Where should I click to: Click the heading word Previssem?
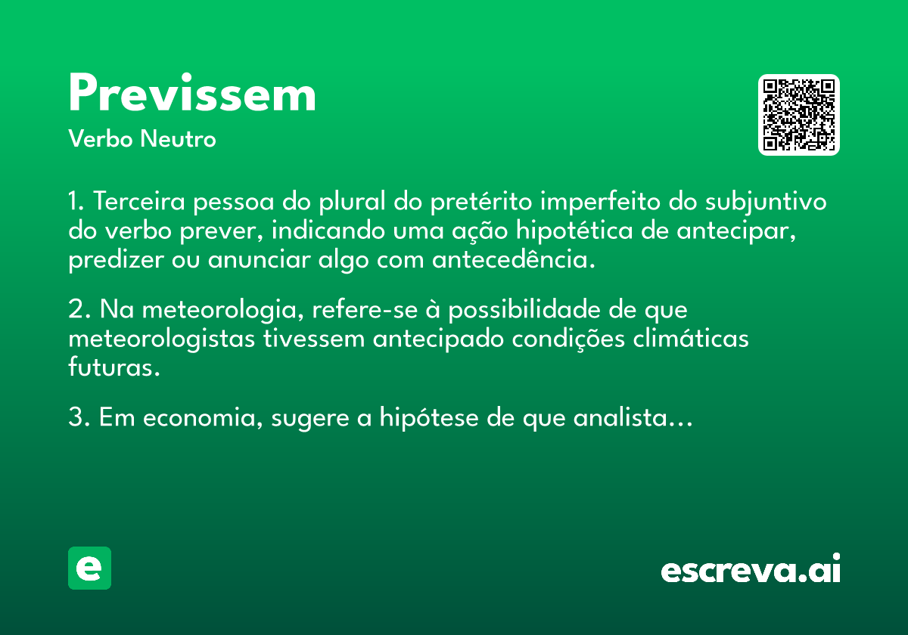tap(192, 92)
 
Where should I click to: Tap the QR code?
tap(798, 115)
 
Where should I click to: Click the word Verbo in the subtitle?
tap(100, 138)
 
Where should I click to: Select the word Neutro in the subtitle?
tap(178, 138)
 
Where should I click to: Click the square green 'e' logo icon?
tap(89, 568)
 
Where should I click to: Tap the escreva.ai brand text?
tap(751, 568)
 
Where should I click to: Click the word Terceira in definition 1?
tap(139, 201)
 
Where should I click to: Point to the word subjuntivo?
tap(766, 202)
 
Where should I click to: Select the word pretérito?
tap(480, 202)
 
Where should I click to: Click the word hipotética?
tap(574, 231)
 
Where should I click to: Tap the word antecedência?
tap(514, 259)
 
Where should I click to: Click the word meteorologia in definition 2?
tap(223, 310)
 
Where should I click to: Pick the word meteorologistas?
tap(161, 339)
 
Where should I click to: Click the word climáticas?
tap(691, 338)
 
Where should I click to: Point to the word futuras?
tap(114, 367)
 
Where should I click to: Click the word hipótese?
tap(428, 417)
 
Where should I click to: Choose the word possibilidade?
tap(524, 310)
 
